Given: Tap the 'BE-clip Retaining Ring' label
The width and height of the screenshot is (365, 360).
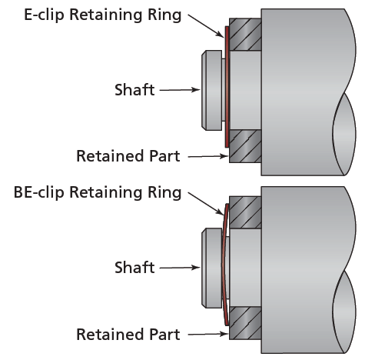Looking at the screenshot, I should point(98,192).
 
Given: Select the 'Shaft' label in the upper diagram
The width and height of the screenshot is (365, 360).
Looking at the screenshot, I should point(134,90).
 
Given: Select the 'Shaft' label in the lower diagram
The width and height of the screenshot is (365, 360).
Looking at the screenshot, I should point(134,268).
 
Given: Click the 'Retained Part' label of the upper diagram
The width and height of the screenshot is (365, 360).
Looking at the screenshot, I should point(128,156).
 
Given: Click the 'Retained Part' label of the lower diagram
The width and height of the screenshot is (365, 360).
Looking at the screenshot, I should point(128,335).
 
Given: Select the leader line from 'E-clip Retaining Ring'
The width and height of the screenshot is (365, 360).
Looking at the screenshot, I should point(206,24).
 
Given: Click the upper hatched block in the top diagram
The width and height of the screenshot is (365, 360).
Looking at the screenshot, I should point(244,35).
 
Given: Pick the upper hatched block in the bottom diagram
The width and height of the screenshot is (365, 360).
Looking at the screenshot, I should point(244,212).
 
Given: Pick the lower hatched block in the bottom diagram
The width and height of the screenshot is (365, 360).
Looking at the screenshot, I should point(244,322).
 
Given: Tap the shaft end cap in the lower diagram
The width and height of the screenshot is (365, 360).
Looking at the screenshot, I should point(209,268).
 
